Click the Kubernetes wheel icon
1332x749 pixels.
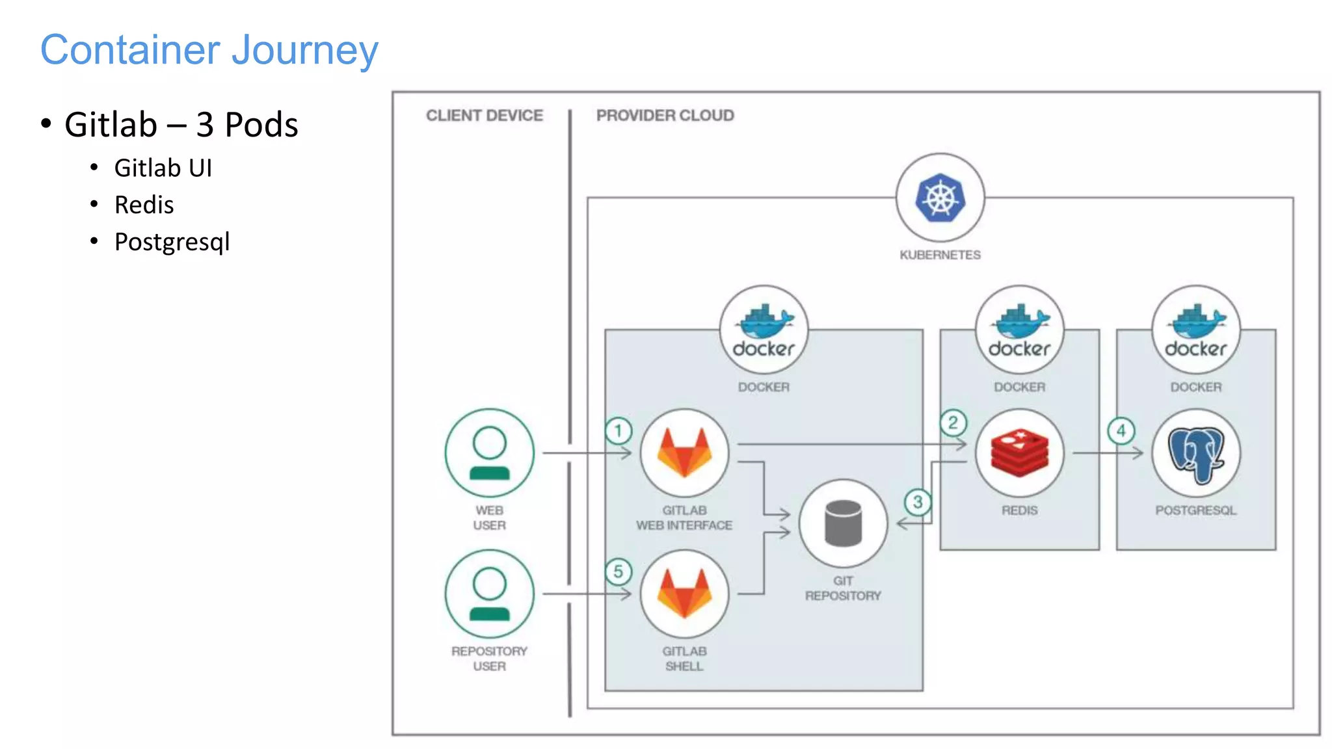[940, 198]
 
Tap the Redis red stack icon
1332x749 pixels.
[1019, 453]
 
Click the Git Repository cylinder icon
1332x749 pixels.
[843, 523]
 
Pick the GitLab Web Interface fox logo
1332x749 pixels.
[684, 453]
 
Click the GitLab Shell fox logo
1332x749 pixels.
[684, 594]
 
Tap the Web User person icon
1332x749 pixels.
[489, 453]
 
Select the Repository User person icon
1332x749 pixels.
[489, 594]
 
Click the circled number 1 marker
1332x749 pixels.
[618, 430]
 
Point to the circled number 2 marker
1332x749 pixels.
[953, 423]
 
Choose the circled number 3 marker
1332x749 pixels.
[917, 502]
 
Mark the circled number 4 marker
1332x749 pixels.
[1121, 430]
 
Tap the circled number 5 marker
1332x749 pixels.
[618, 572]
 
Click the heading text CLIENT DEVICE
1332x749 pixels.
[485, 116]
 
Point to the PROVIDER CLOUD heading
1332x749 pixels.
[665, 116]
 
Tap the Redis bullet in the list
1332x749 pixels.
[144, 205]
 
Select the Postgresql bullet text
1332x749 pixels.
[172, 242]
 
